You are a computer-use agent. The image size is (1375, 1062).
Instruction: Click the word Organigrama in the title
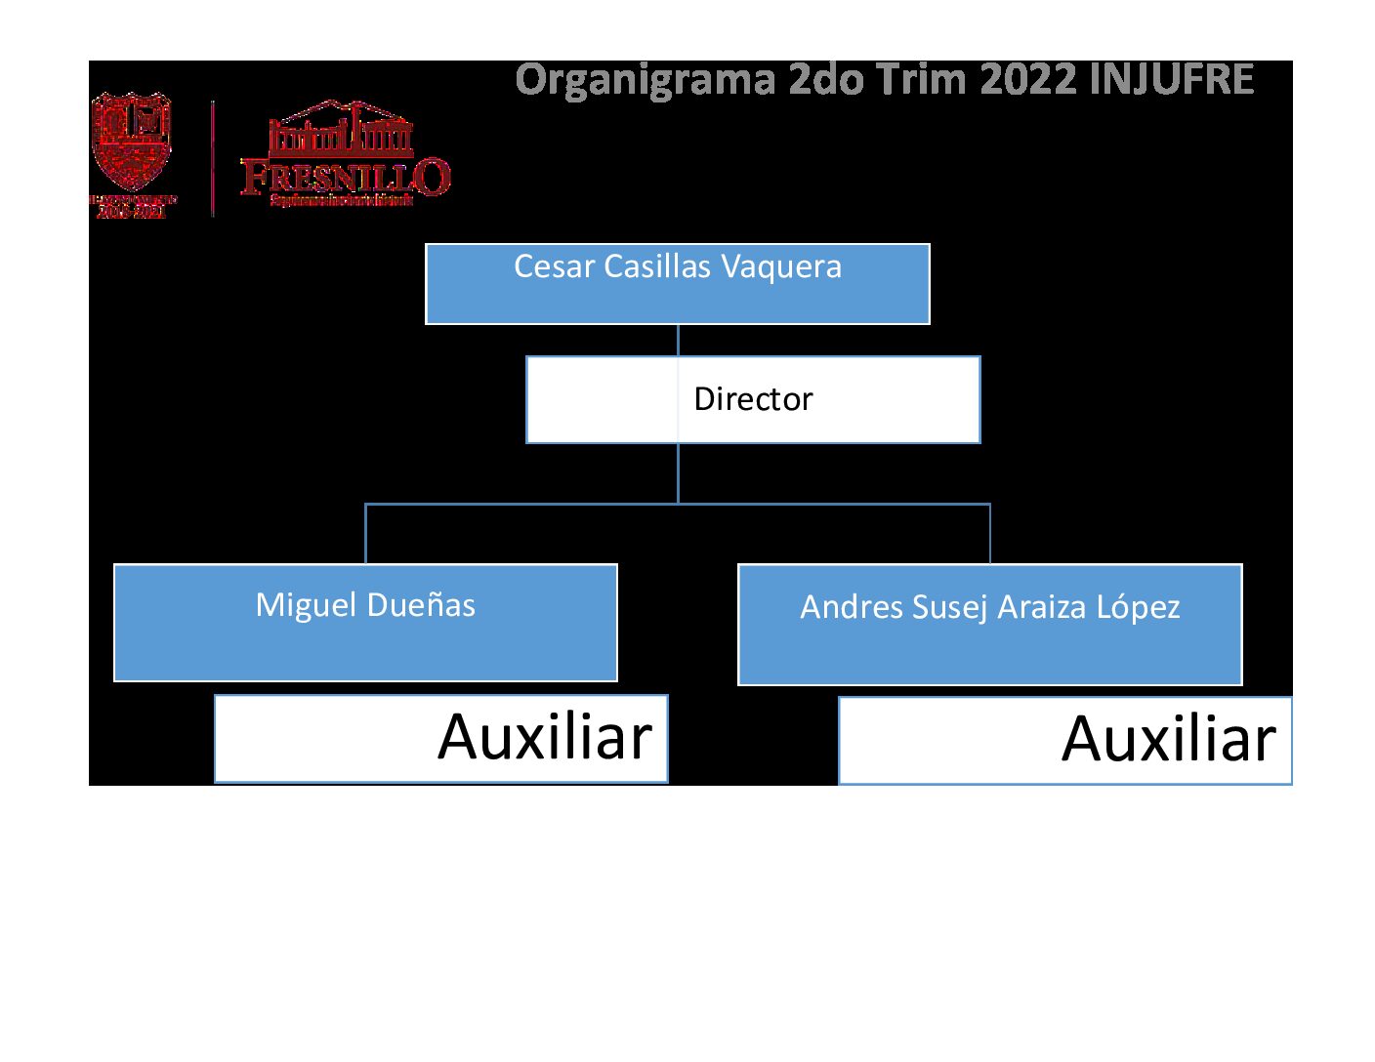[x=646, y=80]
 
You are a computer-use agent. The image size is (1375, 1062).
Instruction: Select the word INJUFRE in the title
[x=1171, y=80]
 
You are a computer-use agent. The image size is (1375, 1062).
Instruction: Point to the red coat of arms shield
[x=132, y=142]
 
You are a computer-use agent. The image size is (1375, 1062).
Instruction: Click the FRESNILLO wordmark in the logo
[x=345, y=177]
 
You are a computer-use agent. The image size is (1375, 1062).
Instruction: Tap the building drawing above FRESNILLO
[x=341, y=130]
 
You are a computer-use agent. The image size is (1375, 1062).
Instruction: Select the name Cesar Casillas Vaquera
[x=678, y=266]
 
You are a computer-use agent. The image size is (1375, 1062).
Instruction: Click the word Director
[x=753, y=399]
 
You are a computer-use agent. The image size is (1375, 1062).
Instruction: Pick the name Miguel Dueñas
[x=365, y=605]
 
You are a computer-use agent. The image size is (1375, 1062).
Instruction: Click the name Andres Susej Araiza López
[x=990, y=607]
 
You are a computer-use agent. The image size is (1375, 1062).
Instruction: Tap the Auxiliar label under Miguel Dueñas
[x=545, y=737]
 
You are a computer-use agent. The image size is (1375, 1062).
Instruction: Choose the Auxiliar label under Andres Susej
[x=1169, y=739]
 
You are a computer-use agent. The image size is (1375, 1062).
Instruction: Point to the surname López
[x=1139, y=607]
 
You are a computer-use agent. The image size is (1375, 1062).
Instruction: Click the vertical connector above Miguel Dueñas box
[x=365, y=534]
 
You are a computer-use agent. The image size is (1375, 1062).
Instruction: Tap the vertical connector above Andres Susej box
[x=990, y=534]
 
